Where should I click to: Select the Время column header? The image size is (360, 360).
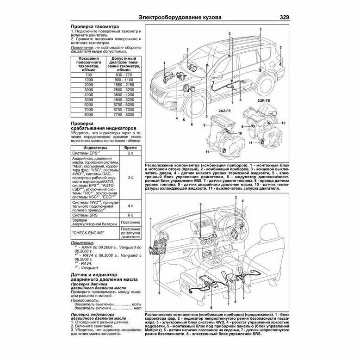(x=131, y=146)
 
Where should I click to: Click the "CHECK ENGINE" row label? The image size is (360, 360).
(x=88, y=232)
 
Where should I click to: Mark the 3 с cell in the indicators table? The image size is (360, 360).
(x=131, y=177)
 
